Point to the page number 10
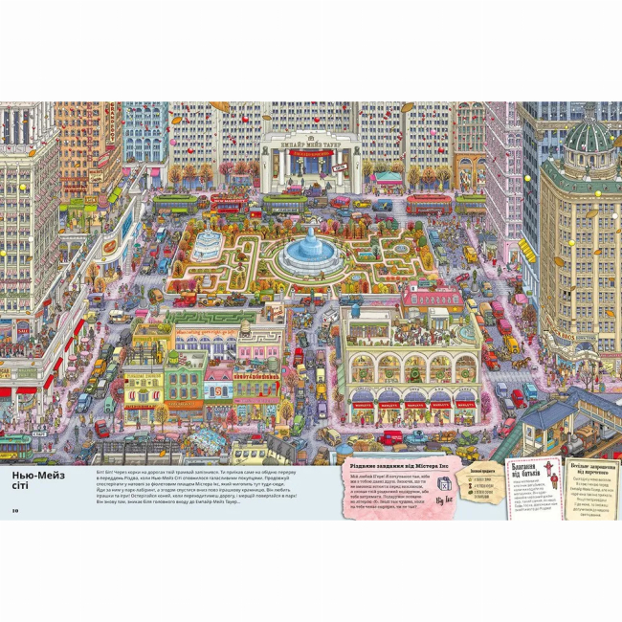tap(15, 509)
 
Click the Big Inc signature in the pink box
tap(442, 501)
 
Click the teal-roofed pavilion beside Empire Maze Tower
tap(389, 177)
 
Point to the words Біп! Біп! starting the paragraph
tap(105, 472)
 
